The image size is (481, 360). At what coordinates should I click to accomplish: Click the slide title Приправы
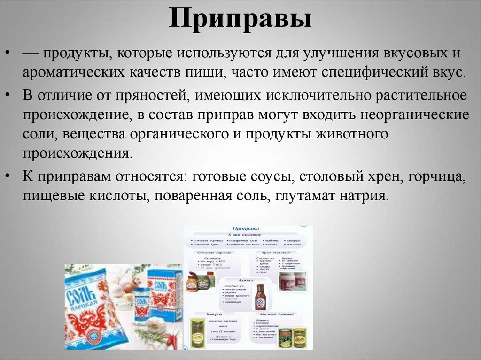click(x=240, y=20)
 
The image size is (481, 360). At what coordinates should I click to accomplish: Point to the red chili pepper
click(x=172, y=340)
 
